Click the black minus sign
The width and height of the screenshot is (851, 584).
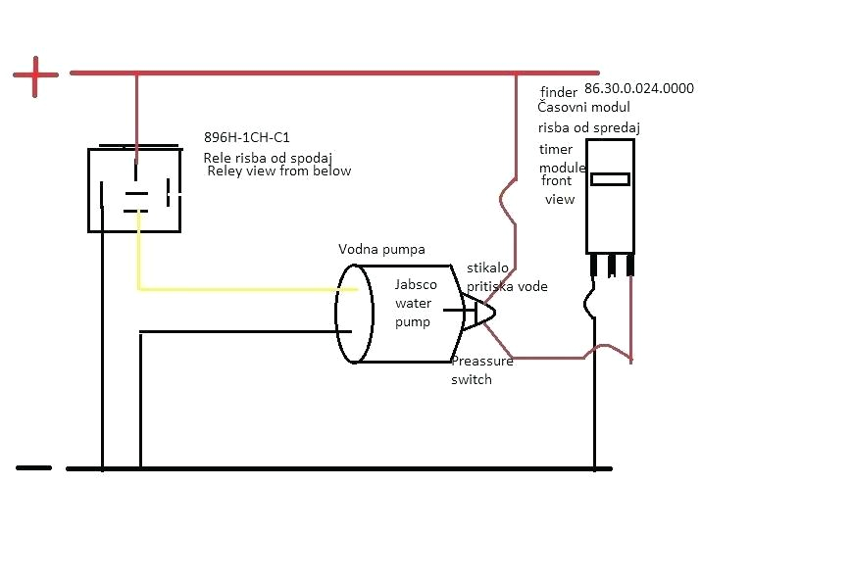[33, 467]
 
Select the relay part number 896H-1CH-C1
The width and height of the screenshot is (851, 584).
[246, 138]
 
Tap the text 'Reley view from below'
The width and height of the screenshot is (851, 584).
[279, 171]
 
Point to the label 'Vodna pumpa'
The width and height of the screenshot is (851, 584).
[381, 249]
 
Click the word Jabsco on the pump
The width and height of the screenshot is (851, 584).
[416, 285]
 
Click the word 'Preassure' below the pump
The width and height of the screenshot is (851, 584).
[482, 362]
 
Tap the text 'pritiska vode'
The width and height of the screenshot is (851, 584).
[507, 286]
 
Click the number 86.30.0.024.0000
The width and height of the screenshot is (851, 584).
[639, 88]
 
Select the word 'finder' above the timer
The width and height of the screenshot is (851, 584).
[559, 92]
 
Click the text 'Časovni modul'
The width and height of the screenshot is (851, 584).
[584, 107]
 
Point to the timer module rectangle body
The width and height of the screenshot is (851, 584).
[610, 216]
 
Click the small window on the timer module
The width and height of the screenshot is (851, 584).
[610, 179]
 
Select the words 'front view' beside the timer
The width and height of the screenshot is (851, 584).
[559, 190]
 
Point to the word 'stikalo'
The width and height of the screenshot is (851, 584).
[486, 268]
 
